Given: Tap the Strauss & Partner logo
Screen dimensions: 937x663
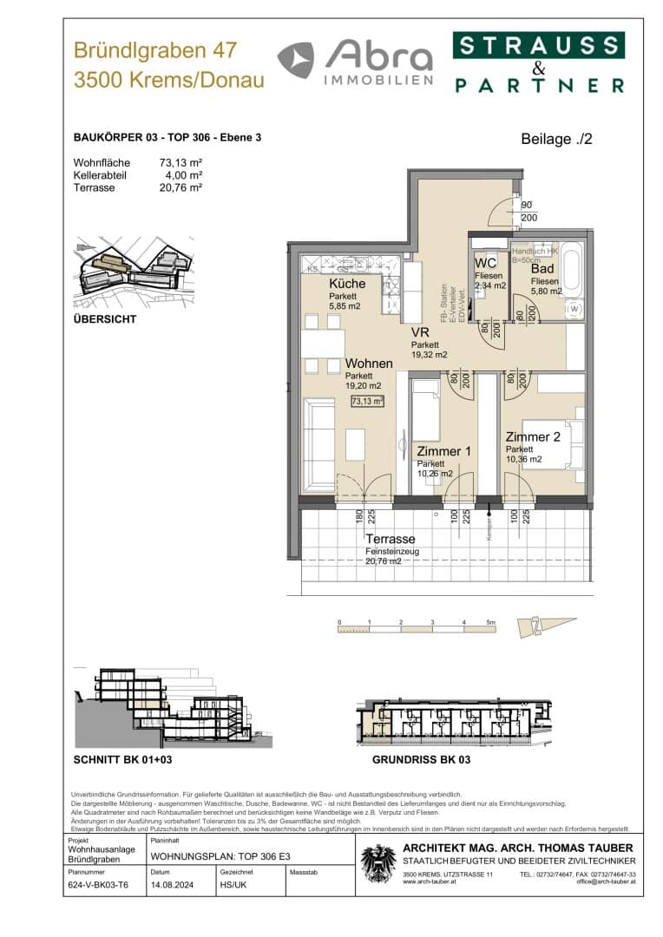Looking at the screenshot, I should (538, 63).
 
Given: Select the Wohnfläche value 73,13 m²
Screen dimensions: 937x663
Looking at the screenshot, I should (180, 162).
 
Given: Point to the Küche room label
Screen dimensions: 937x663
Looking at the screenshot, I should (347, 284).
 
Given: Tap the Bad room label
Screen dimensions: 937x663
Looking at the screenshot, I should (542, 269).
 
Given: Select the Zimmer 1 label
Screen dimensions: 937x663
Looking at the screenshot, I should (443, 452).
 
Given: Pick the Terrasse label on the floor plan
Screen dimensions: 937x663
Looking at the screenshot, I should (390, 539).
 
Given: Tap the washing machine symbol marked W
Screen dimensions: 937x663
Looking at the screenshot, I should (573, 309).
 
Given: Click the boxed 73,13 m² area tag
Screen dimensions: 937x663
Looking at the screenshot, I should (367, 401).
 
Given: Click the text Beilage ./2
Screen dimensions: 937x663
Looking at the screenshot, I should (556, 139).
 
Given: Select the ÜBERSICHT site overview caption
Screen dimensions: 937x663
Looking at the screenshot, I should (105, 319).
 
